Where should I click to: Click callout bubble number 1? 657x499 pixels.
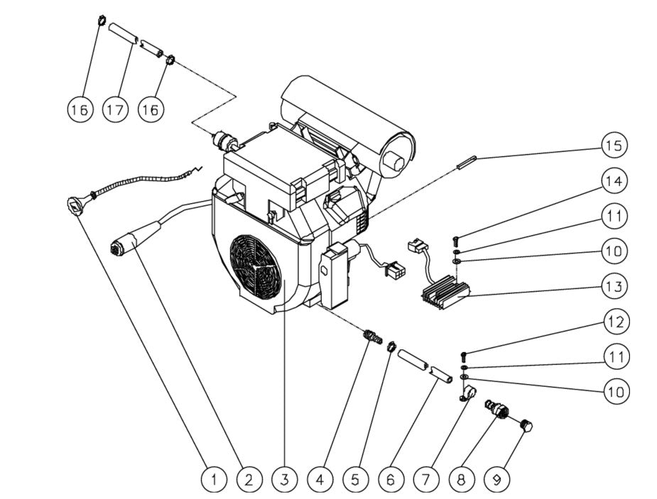[212, 480]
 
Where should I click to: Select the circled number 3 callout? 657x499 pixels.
[283, 480]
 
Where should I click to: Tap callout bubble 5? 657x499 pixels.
[354, 480]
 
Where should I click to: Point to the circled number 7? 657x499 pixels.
[425, 480]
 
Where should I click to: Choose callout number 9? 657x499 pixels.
[496, 480]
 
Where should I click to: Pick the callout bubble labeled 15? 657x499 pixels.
[614, 146]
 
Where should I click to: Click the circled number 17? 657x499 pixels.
[115, 109]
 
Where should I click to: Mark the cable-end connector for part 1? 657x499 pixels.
[75, 205]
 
